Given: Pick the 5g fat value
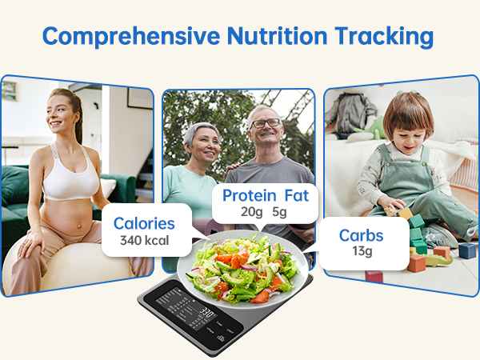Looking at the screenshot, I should (x=298, y=213).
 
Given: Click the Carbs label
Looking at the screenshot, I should (x=361, y=234).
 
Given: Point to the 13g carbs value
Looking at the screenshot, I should (x=361, y=252).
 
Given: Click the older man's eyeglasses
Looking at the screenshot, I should (x=265, y=124).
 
